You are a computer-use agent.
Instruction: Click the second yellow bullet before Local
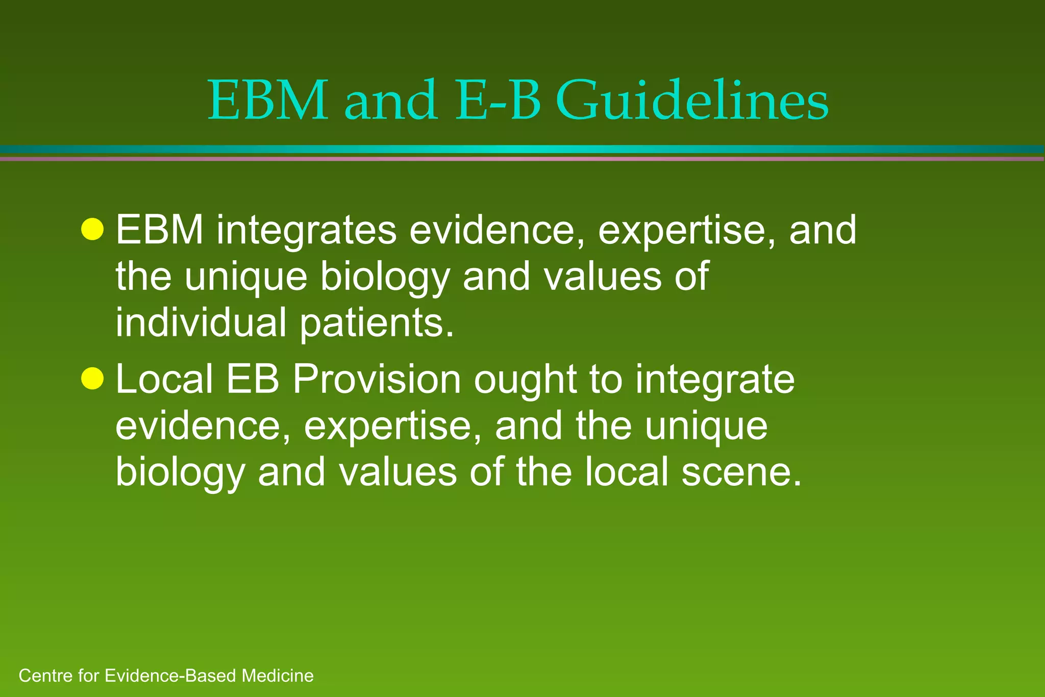(x=92, y=379)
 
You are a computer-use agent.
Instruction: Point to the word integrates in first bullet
(x=306, y=231)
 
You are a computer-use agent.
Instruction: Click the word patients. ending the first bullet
(x=377, y=323)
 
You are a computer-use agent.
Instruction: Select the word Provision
(x=377, y=380)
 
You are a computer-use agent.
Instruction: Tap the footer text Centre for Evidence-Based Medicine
(x=166, y=676)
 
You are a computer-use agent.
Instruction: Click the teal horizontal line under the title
(x=522, y=149)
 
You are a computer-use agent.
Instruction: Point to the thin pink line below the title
(x=522, y=159)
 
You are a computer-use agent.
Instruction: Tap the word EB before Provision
(x=253, y=380)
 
